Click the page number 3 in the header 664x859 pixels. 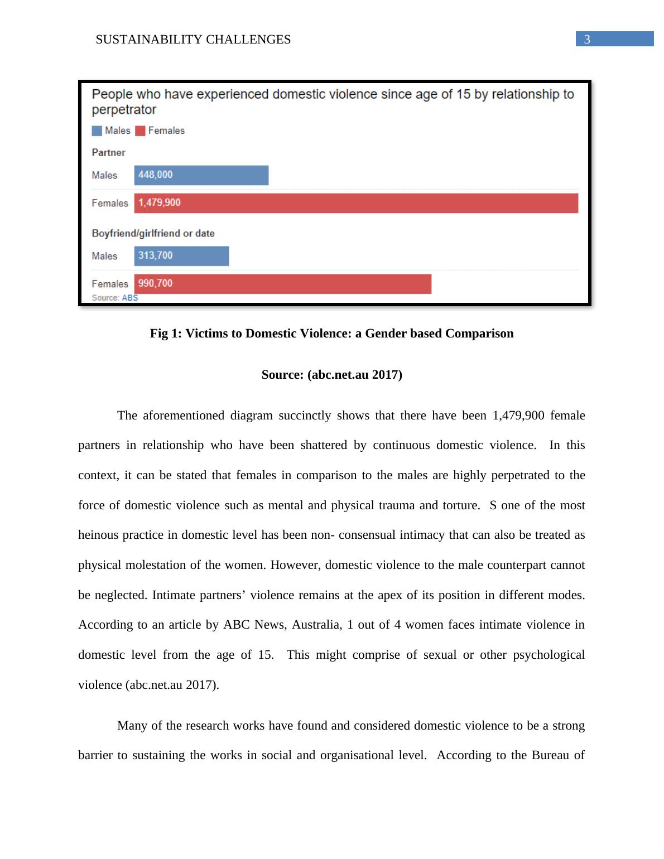pyautogui.click(x=587, y=40)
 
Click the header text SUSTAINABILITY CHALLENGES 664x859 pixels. pyautogui.click(x=193, y=40)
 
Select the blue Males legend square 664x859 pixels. pyautogui.click(x=97, y=131)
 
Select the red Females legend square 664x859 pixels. pyautogui.click(x=140, y=131)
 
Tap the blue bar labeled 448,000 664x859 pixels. pyautogui.click(x=201, y=175)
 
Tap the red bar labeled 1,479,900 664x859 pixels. pyautogui.click(x=356, y=203)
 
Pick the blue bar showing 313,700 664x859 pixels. pyautogui.click(x=181, y=256)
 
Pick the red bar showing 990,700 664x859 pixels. pyautogui.click(x=282, y=284)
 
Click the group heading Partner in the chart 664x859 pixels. pyautogui.click(x=108, y=153)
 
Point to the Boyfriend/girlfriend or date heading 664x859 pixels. pyautogui.click(x=153, y=234)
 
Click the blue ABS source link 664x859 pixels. pyautogui.click(x=130, y=298)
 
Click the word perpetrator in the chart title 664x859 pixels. pyautogui.click(x=124, y=110)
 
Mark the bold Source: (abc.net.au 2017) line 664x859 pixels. pyautogui.click(x=331, y=375)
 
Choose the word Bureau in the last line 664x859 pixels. pyautogui.click(x=552, y=755)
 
